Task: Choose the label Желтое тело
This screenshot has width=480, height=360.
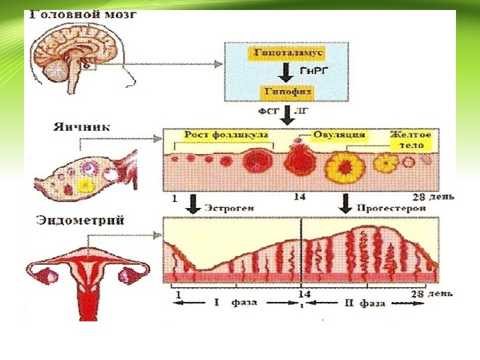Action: pyautogui.click(x=409, y=139)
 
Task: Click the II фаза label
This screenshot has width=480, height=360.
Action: pyautogui.click(x=364, y=303)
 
